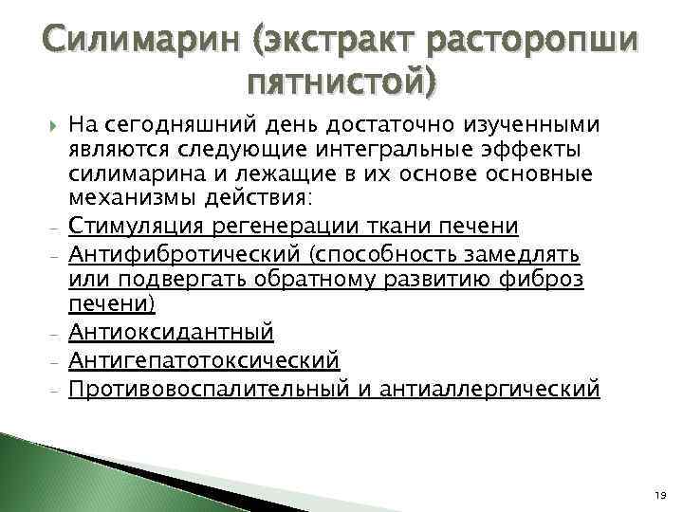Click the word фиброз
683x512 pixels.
coord(553,280)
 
